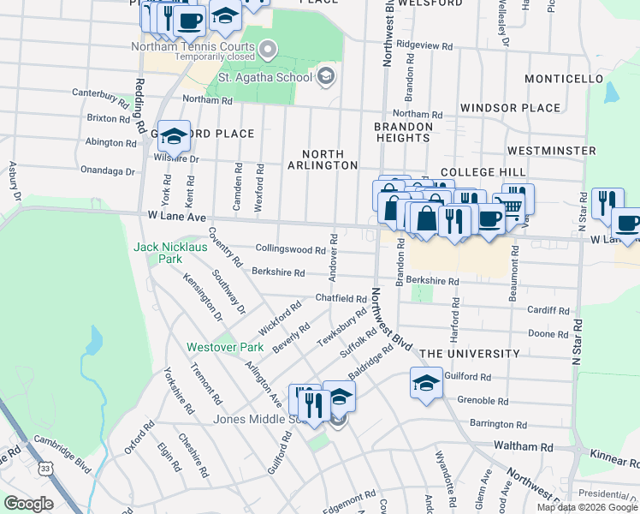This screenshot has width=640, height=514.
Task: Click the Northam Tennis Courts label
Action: pos(193,47)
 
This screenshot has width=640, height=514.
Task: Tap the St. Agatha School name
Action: pos(265,78)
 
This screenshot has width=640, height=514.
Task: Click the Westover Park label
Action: pos(226,348)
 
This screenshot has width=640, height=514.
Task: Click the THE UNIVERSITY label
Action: pos(470,354)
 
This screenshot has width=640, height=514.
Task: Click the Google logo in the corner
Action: pos(28,504)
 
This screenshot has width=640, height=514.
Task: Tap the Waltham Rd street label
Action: pos(524,446)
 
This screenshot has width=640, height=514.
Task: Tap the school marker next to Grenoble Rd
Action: pos(426,382)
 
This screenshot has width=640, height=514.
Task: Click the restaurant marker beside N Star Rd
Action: pos(607,203)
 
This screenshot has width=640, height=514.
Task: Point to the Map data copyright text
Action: pos(587,507)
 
